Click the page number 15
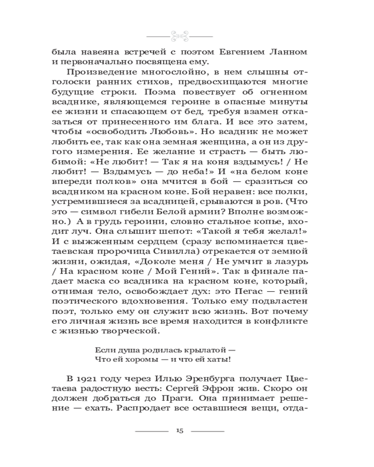tap(180, 430)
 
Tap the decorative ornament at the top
tap(180, 35)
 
